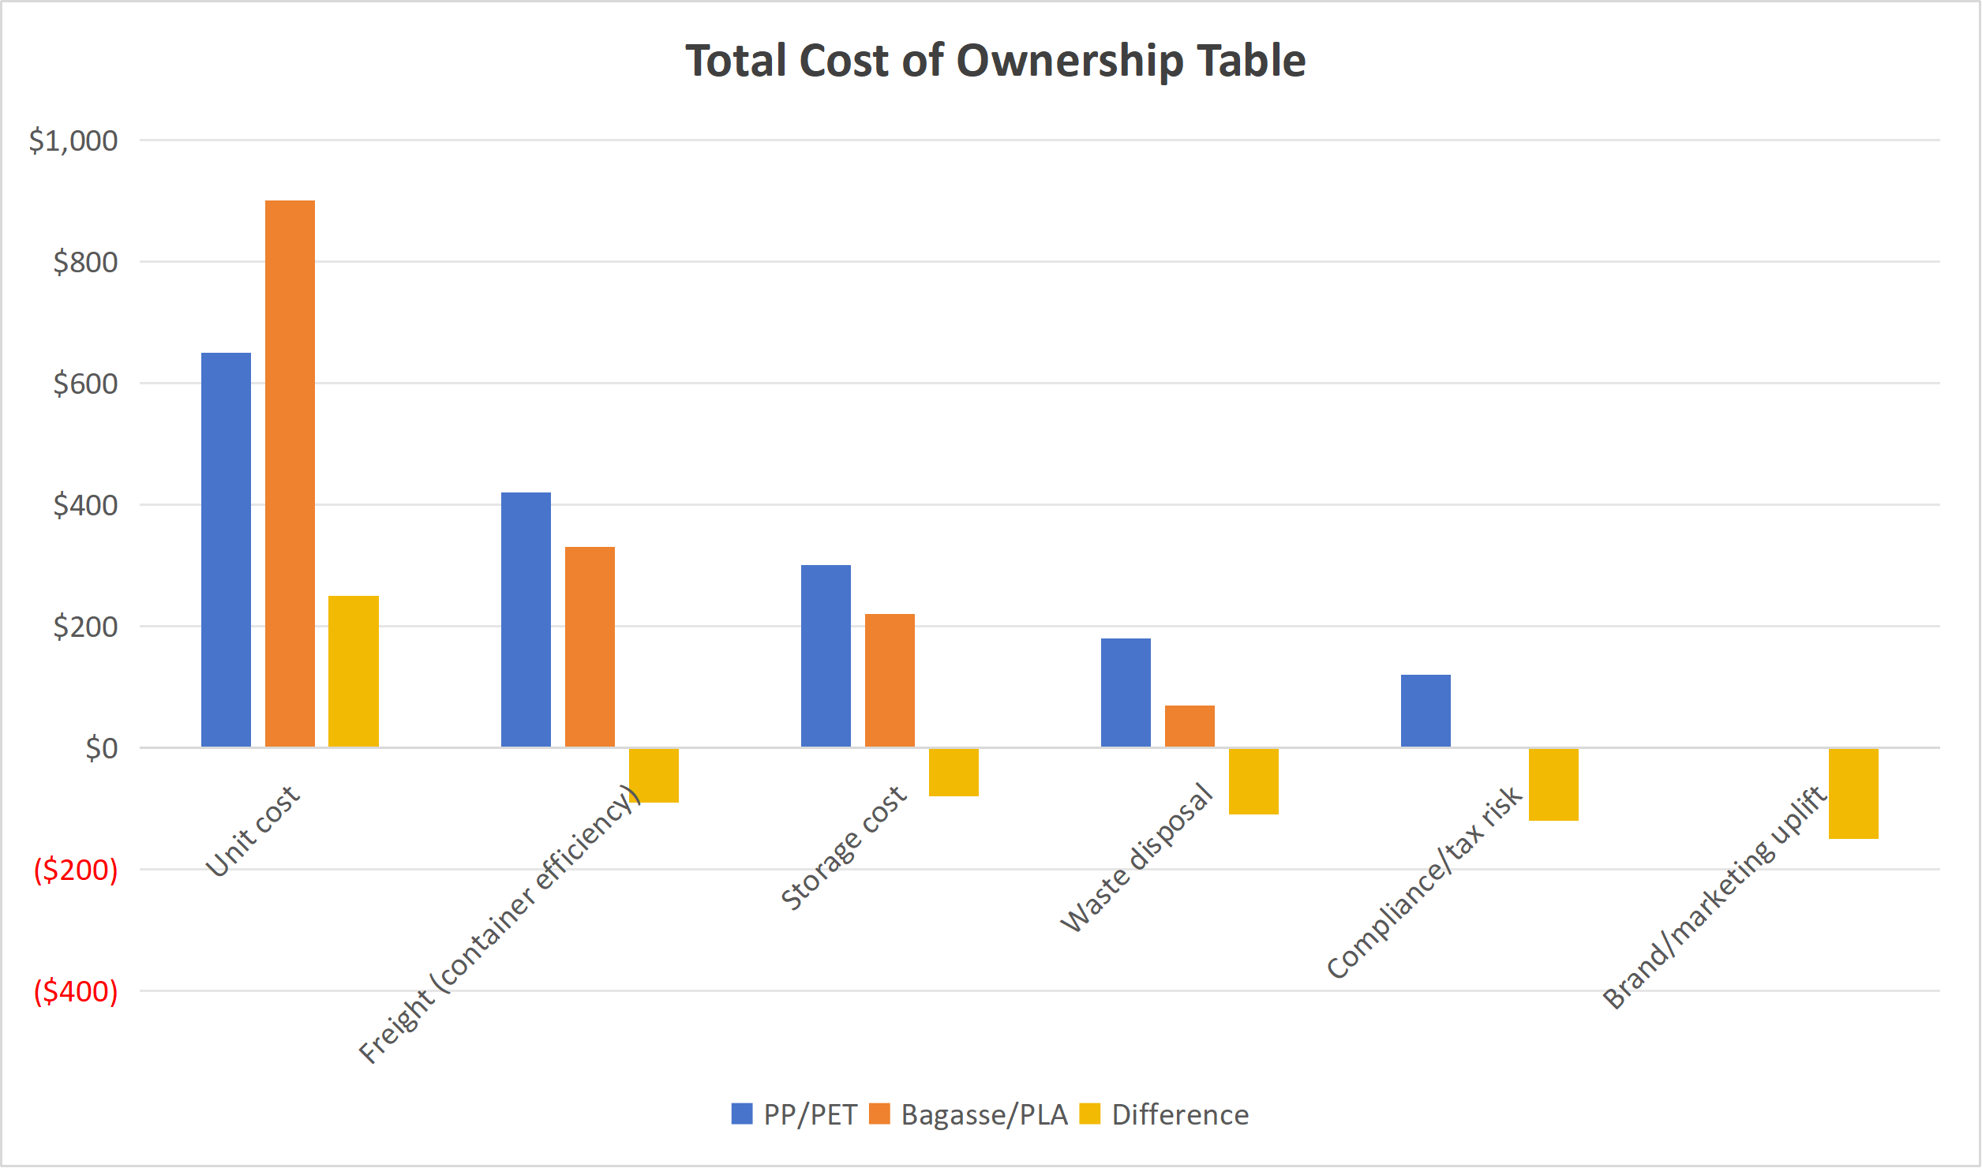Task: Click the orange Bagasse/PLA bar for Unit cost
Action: tap(290, 474)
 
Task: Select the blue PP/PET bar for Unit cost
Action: tap(226, 549)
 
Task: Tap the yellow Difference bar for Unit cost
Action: tap(353, 671)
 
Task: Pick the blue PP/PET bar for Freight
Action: tap(526, 620)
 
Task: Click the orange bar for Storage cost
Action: tap(890, 680)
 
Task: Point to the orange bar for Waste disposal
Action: tap(1190, 726)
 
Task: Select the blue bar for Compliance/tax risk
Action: tap(1426, 710)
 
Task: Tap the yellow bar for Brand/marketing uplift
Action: tap(1853, 793)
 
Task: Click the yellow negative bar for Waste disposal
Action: tap(1253, 781)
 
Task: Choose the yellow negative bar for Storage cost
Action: tap(954, 772)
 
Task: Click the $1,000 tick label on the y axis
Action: tap(73, 140)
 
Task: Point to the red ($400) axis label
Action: tap(76, 991)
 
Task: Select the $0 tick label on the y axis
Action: tap(102, 748)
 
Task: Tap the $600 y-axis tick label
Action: tap(85, 384)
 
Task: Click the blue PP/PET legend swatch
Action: tap(742, 1114)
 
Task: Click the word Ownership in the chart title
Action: tap(1070, 61)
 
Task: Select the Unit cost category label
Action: tap(253, 831)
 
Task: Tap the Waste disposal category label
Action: tap(1136, 858)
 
